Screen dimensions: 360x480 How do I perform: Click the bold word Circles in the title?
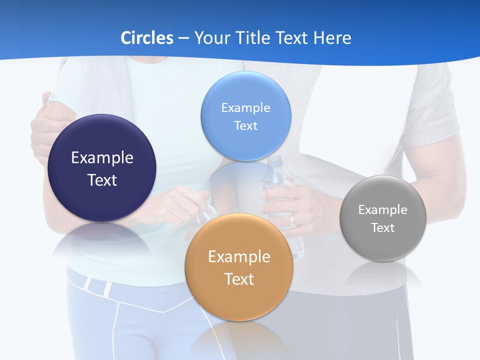coord(147,38)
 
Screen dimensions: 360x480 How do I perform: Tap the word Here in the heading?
coord(332,38)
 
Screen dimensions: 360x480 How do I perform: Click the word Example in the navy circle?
coord(102,157)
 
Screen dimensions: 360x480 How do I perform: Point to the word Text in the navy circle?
coord(102,180)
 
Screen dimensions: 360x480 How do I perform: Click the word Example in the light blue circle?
coord(245,107)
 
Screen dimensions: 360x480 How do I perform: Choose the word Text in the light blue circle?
coord(245,125)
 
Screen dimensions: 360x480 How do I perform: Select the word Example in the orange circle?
coord(239,256)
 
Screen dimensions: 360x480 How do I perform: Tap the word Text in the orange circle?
coord(239,279)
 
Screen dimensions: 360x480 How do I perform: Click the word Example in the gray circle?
coord(383,209)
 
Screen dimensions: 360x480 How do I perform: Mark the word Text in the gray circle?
coord(383,227)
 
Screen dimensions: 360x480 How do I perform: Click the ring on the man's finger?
coord(292,220)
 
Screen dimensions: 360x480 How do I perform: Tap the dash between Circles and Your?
coord(183,38)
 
